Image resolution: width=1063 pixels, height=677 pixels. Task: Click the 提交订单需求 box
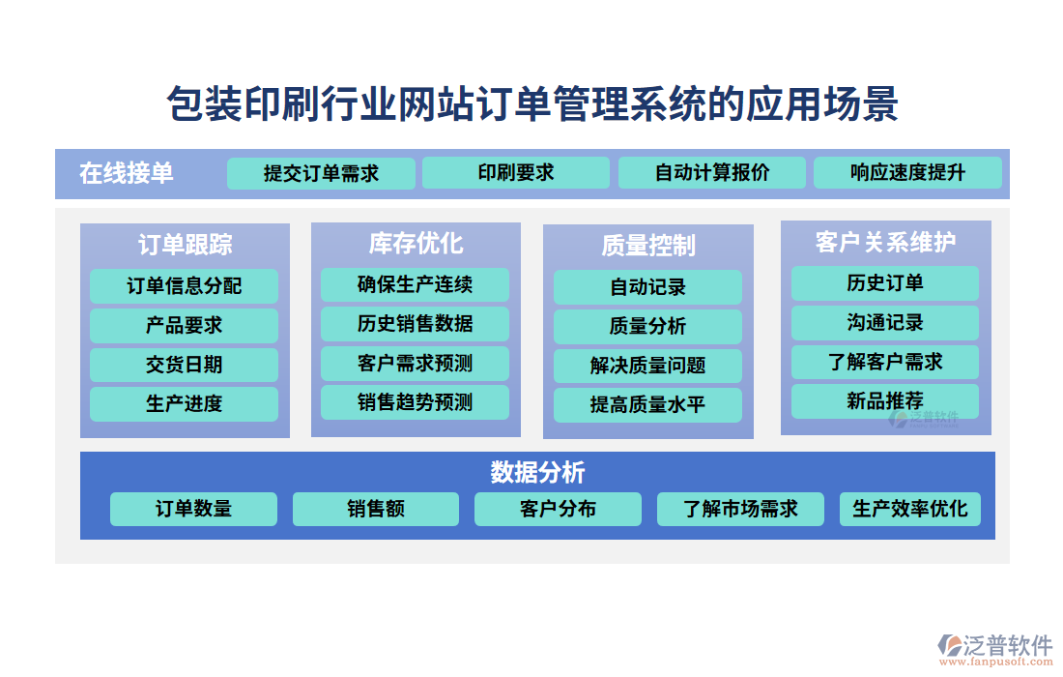click(x=321, y=173)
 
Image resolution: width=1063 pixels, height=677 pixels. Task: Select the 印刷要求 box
click(x=515, y=172)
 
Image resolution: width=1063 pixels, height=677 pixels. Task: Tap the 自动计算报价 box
click(x=712, y=172)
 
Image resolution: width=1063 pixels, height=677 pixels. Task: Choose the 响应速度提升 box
click(x=907, y=172)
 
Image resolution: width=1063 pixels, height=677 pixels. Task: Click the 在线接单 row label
click(x=126, y=173)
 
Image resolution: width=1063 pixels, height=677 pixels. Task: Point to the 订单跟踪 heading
click(x=186, y=245)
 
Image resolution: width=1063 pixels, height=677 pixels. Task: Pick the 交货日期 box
click(x=184, y=365)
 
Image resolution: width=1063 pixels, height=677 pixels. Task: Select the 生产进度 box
click(x=184, y=404)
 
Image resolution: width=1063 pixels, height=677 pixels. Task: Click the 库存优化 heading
click(x=416, y=243)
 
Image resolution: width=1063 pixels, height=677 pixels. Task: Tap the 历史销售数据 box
click(x=415, y=324)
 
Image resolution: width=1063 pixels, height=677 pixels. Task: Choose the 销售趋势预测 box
click(x=415, y=402)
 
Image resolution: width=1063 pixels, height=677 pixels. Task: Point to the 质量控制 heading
click(x=648, y=245)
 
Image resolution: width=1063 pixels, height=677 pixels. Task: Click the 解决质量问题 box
click(x=647, y=366)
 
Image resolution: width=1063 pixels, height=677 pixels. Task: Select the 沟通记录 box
click(x=884, y=323)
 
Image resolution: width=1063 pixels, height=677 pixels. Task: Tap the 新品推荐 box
click(x=884, y=401)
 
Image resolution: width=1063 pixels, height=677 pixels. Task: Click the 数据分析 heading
click(x=537, y=472)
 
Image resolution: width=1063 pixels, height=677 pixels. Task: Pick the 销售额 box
click(x=376, y=509)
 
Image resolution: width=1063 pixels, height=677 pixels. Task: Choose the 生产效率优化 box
click(x=909, y=509)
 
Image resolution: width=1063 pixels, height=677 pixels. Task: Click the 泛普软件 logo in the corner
click(x=995, y=644)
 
